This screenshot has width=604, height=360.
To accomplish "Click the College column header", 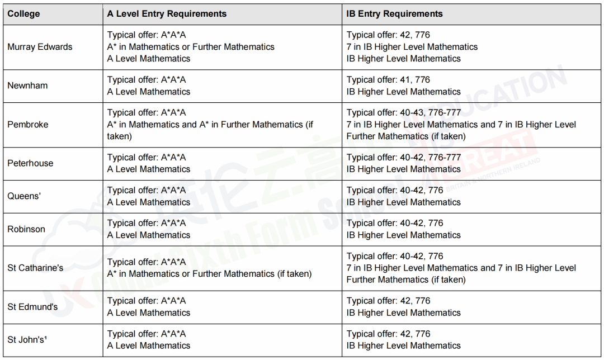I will coord(23,14).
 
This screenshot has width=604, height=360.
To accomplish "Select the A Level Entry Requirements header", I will coord(167,14).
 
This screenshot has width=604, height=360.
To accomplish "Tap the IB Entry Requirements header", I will coord(394,14).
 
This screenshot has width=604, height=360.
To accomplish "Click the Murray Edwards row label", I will coord(40,47).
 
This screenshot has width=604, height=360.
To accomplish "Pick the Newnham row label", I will coord(27,86).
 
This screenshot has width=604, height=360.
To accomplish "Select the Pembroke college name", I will coord(28,124).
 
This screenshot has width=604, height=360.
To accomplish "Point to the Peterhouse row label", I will coord(30,163).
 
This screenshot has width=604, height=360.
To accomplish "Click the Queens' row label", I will coord(24,196).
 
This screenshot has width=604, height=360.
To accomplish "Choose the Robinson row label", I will coord(26,229).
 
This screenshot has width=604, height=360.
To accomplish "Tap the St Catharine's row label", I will coord(35,268).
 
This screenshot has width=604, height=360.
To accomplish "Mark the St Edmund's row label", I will coord(32,307).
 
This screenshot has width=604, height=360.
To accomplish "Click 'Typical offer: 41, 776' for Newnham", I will coord(388,80).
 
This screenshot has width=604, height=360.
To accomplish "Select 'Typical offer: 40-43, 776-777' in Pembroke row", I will coord(403,113).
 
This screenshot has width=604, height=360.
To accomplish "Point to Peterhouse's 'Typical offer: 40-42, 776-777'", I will coord(403,158).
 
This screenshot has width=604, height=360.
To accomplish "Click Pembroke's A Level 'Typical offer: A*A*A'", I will coord(147,113).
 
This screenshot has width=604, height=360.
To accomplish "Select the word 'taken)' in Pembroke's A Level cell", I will coord(119,136).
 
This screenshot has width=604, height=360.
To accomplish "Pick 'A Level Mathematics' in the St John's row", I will coord(149,345).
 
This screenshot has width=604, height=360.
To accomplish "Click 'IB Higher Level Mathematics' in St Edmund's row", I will coord(403,312).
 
